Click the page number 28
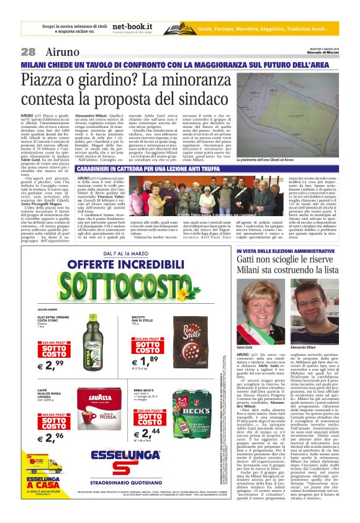28,52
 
